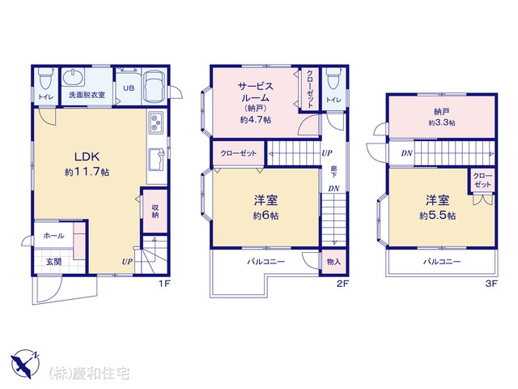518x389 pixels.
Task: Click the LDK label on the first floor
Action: click(x=87, y=156)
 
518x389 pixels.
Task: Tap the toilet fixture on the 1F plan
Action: click(x=45, y=79)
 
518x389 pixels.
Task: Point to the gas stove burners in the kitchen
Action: click(x=156, y=122)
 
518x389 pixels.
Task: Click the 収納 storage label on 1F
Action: click(x=155, y=211)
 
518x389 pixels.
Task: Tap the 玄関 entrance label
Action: click(x=53, y=262)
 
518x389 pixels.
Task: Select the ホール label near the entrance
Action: click(x=54, y=236)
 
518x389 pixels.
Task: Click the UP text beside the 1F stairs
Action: click(x=127, y=262)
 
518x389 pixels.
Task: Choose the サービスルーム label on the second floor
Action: click(x=256, y=92)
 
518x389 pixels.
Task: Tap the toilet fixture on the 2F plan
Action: click(x=333, y=79)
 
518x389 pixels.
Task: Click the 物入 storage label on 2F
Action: click(x=333, y=262)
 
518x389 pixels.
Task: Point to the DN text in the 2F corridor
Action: click(x=333, y=189)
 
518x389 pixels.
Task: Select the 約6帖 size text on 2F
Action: click(x=266, y=216)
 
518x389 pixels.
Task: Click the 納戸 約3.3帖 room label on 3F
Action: click(x=442, y=117)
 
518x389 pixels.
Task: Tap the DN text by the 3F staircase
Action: click(x=406, y=153)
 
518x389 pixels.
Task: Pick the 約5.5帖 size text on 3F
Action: click(x=438, y=216)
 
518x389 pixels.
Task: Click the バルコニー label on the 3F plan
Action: click(x=442, y=262)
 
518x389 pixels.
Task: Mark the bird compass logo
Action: click(x=24, y=364)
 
